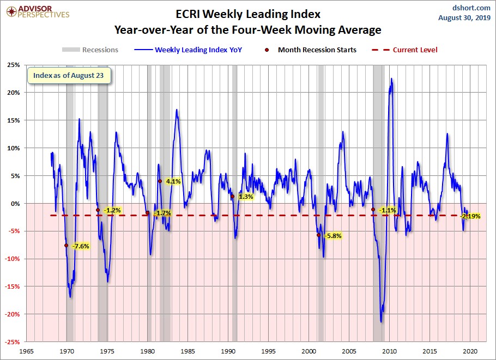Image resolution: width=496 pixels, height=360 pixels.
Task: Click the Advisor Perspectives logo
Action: tap(37, 11)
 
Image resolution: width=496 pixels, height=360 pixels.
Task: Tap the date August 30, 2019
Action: tap(464, 17)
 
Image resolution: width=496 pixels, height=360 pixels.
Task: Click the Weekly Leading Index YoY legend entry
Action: tap(191, 50)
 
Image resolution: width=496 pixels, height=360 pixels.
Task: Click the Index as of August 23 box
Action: tap(69, 75)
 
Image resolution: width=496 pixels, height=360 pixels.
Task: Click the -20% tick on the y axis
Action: tap(12, 314)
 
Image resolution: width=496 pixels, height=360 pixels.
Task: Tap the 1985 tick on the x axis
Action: tap(189, 351)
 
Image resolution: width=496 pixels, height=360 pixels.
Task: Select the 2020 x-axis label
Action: tap(470, 351)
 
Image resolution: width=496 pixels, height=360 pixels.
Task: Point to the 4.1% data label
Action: tap(173, 181)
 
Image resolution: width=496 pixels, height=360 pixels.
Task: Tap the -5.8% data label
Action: tap(332, 236)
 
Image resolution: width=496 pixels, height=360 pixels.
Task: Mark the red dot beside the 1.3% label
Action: tap(232, 197)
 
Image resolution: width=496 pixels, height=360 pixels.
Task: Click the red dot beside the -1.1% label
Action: tap(373, 210)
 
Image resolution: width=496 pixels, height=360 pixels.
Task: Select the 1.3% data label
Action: tap(245, 197)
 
